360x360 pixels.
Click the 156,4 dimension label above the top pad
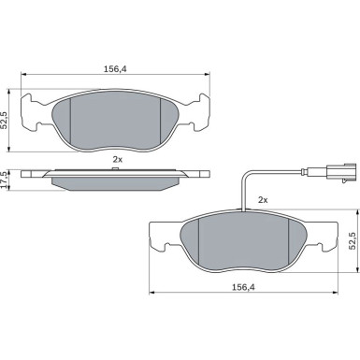click(x=115, y=69)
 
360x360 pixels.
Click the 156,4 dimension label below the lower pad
click(x=243, y=287)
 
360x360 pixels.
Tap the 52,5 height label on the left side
click(x=4, y=121)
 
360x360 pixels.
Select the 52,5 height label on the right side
click(x=353, y=240)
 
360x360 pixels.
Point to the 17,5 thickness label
click(x=4, y=180)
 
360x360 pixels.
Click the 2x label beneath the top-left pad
click(x=118, y=160)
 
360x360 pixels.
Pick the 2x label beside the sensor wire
click(x=263, y=200)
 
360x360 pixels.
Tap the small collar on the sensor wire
click(x=304, y=171)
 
